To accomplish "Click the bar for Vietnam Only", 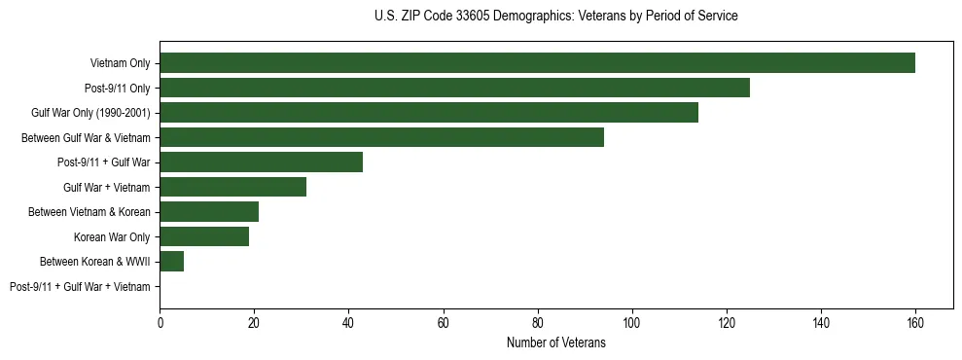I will [537, 63].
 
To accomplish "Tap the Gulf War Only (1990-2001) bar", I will [429, 113].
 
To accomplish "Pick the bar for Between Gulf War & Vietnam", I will [381, 137].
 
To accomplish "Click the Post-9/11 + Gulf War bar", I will [261, 162].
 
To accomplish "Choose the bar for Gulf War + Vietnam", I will [232, 187].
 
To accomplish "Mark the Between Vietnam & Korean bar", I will [209, 212].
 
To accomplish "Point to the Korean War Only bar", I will [204, 236].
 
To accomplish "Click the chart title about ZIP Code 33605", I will [555, 17].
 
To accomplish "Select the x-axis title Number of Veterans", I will [555, 342].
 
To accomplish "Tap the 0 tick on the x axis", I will [160, 323].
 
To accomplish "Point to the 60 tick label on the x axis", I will [443, 323].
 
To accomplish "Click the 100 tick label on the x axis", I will [631, 323].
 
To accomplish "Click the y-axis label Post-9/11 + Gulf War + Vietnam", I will [80, 287].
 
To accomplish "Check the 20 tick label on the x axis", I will [254, 323].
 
